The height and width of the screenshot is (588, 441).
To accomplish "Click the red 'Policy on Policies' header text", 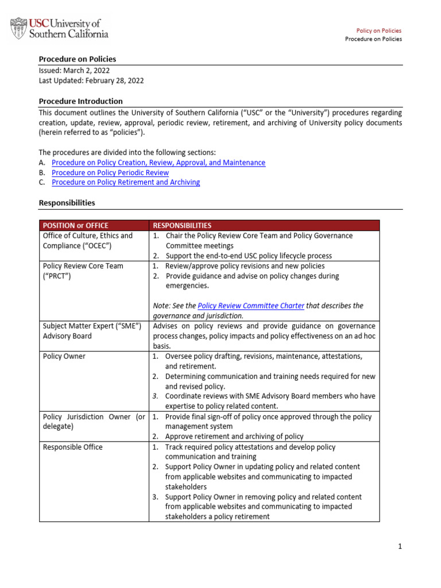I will click(x=379, y=30).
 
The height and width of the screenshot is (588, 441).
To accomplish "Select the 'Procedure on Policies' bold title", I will click(x=77, y=59).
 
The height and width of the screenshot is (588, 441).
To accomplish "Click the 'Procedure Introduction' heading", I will click(x=80, y=101).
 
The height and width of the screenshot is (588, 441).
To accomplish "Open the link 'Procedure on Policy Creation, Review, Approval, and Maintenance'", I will click(x=158, y=163).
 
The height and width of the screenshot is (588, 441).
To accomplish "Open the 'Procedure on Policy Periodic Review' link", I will click(x=110, y=172).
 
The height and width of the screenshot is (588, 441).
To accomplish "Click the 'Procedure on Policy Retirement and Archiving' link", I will click(x=126, y=182).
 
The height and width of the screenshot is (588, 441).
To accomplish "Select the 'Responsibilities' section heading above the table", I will click(x=67, y=203).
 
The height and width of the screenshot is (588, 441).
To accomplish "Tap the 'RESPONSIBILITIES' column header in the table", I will click(x=182, y=226).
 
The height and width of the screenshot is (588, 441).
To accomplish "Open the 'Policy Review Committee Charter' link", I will click(x=250, y=305).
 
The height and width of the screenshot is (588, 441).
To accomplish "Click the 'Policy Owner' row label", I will click(x=64, y=356).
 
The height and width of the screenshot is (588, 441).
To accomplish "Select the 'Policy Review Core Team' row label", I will click(x=83, y=266).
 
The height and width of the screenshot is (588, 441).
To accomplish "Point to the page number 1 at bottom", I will click(x=400, y=547).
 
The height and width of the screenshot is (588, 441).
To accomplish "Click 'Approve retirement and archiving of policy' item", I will click(x=234, y=436).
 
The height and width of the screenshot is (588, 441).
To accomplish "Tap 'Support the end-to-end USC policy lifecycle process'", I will click(x=248, y=256).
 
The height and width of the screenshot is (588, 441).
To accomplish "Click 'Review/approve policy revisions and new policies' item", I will click(x=245, y=266).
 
